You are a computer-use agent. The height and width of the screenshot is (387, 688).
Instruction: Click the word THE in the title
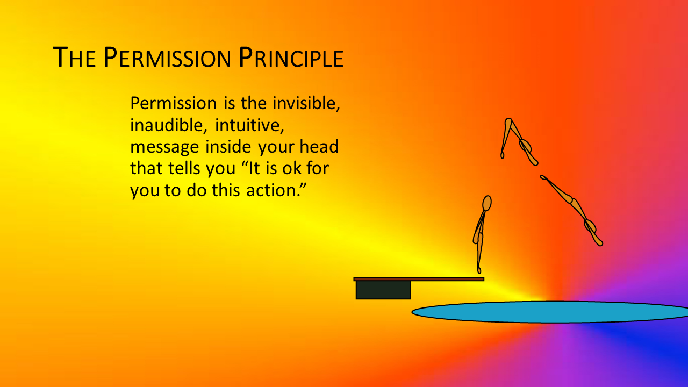point(74,57)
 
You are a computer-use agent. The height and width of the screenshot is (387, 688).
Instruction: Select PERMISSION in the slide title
point(167,57)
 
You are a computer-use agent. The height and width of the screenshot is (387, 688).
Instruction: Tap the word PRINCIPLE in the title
point(291,57)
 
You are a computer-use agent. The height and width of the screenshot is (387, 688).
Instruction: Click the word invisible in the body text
point(306,103)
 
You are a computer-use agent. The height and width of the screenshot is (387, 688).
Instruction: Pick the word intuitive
point(249,125)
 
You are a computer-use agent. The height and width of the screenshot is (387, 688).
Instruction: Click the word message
point(164,147)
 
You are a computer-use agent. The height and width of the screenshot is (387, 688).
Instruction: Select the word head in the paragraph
point(319,146)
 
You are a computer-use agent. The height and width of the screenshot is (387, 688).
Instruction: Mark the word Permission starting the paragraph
point(174,103)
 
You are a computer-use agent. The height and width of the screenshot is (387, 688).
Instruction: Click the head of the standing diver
point(487,203)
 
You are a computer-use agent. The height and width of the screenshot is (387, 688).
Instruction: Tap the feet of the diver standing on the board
point(479,270)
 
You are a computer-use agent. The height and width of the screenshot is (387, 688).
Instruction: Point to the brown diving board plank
point(419,279)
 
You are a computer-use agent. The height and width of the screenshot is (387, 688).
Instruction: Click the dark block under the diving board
point(383,290)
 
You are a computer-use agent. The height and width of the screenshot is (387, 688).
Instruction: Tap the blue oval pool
point(550,312)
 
